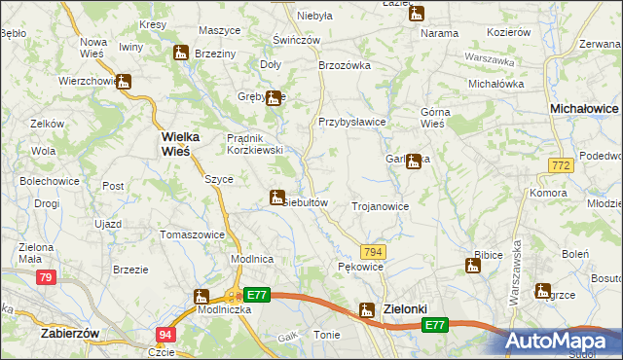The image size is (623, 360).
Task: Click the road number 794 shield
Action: click(x=376, y=251)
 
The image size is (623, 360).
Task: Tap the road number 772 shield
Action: click(x=560, y=167)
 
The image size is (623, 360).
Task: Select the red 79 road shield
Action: click(x=45, y=278)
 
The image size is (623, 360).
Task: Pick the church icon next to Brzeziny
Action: click(x=181, y=54)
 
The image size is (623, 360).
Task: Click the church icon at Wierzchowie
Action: click(x=124, y=83)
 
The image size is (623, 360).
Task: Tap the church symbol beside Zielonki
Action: click(x=367, y=310)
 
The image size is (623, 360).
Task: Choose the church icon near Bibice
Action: click(x=472, y=266)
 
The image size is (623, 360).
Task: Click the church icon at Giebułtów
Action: click(x=276, y=198)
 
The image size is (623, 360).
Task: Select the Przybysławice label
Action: click(x=352, y=122)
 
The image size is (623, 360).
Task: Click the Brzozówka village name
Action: click(x=346, y=65)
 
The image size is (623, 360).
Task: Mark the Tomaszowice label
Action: click(x=192, y=234)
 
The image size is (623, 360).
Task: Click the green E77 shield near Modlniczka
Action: click(x=256, y=294)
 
